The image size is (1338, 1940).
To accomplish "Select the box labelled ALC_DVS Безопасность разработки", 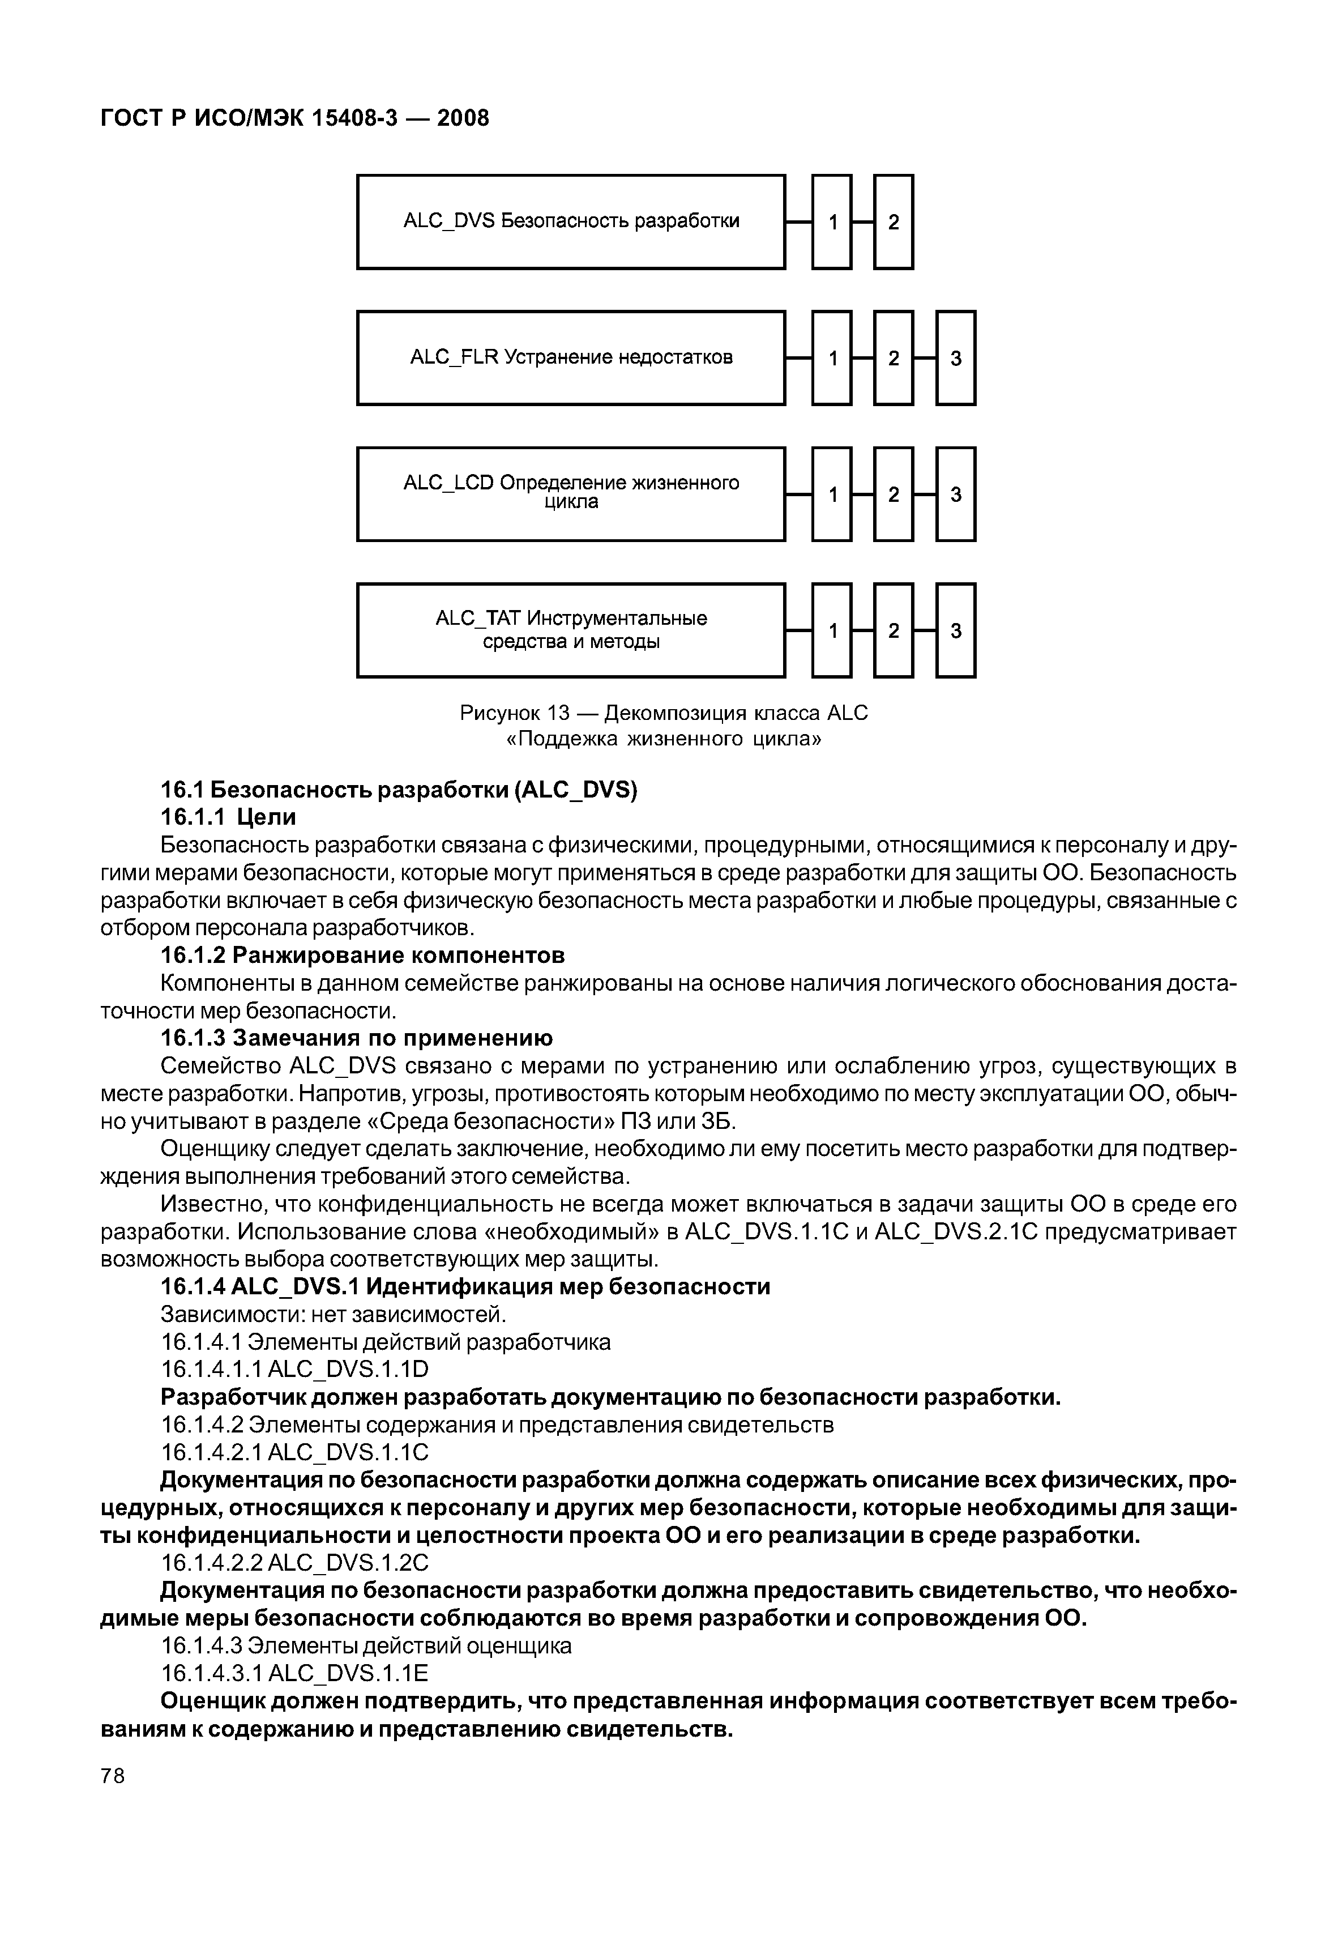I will (571, 222).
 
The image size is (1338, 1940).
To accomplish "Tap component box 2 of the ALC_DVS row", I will (894, 222).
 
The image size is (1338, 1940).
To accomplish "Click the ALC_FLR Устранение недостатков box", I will (571, 358).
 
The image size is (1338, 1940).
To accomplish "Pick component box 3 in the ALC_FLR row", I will (956, 358).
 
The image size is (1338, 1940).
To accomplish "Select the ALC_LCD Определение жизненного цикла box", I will (571, 494).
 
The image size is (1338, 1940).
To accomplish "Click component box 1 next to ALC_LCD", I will (832, 494).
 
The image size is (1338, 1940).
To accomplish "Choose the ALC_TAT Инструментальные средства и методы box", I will (571, 630).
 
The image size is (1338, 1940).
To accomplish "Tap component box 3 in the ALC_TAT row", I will (956, 630).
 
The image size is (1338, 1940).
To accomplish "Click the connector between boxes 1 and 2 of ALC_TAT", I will (863, 630).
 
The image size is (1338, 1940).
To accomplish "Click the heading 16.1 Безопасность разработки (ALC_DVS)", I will (399, 790).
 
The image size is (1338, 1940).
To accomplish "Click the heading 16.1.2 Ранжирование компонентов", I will (362, 956).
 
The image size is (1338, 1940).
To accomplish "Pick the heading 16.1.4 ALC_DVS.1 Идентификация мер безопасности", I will (465, 1287).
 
